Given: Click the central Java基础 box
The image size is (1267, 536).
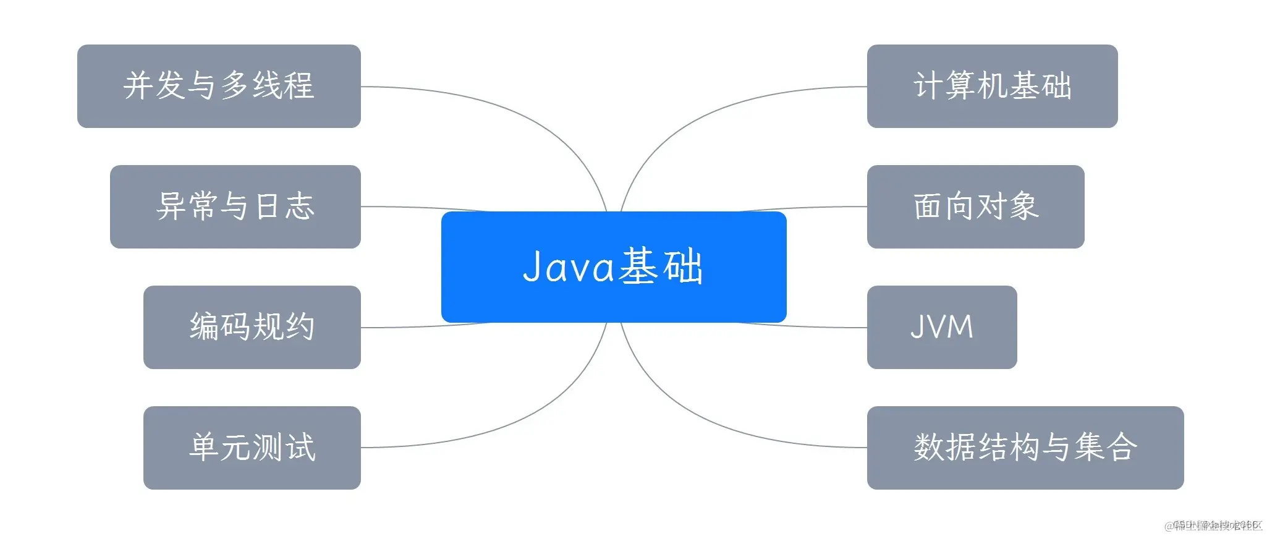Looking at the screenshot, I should click(x=613, y=267).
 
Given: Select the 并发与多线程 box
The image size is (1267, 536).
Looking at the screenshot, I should click(x=219, y=86).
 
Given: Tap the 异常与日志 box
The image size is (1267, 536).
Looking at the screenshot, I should click(x=235, y=206).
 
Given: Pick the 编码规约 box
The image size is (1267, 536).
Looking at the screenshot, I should click(x=252, y=327).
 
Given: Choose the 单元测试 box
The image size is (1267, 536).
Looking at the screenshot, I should click(x=252, y=448).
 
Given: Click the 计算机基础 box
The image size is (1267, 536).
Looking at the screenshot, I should click(x=992, y=86).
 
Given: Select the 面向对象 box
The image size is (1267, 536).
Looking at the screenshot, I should click(x=975, y=206).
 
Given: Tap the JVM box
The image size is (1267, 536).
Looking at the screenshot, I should click(x=941, y=327).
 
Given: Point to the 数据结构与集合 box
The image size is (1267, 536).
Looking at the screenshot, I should click(x=1025, y=448).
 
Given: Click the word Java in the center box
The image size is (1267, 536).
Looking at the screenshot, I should click(x=569, y=267).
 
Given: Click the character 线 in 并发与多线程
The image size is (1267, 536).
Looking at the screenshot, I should click(x=266, y=86).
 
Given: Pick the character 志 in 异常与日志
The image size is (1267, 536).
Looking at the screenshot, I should click(x=300, y=206).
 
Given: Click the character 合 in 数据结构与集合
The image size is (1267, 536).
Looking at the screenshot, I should click(x=1121, y=448).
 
